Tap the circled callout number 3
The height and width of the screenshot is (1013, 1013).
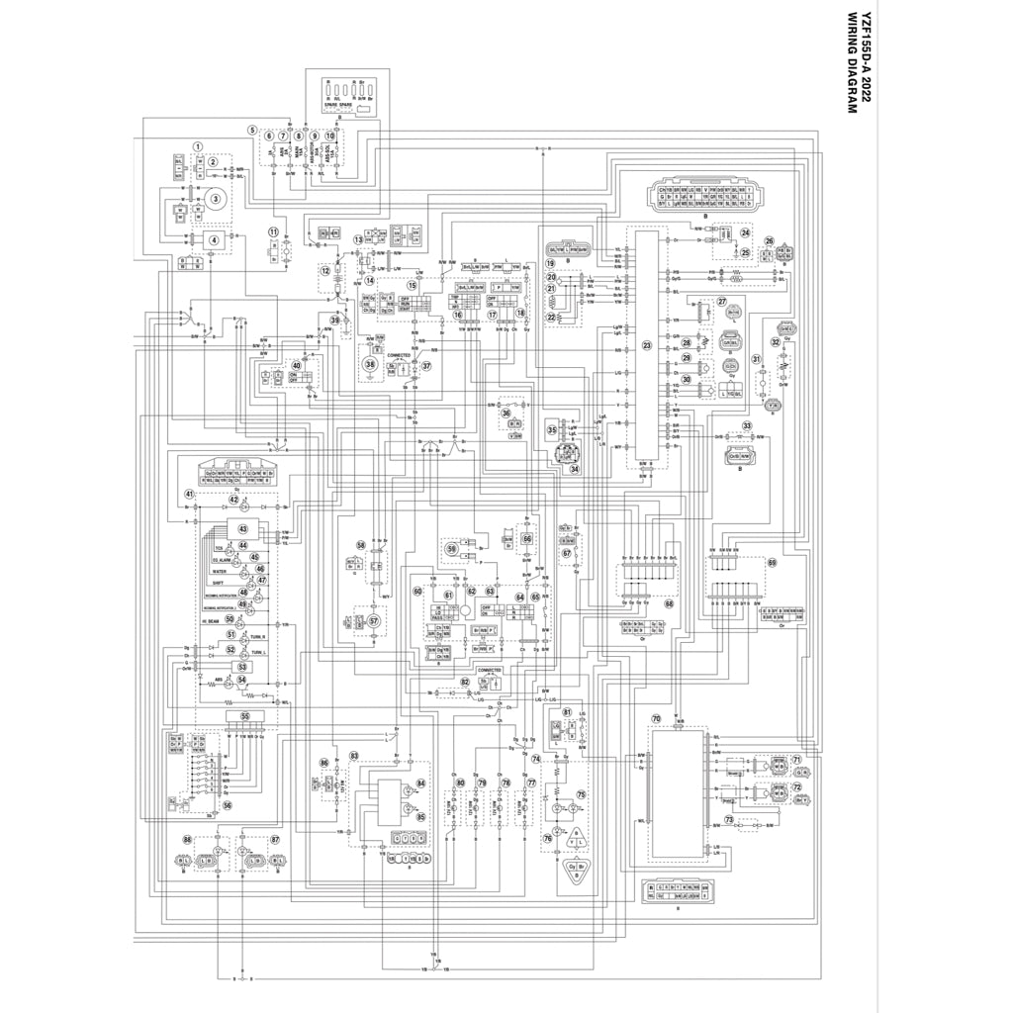tap(212, 199)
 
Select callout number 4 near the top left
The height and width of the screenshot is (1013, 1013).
tap(213, 238)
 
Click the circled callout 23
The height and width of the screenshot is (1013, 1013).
tap(647, 345)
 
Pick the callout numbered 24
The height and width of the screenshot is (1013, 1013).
tap(745, 232)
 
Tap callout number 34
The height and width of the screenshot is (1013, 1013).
tap(574, 469)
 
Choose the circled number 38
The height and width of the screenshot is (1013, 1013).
tap(370, 365)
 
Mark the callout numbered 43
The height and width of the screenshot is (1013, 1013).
tap(242, 529)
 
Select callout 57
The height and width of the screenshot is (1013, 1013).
tap(373, 621)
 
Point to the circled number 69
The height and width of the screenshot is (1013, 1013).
tap(773, 562)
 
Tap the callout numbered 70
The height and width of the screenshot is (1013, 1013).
tap(655, 719)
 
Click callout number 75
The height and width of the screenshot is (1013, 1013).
tap(582, 794)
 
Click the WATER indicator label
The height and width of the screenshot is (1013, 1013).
tap(220, 572)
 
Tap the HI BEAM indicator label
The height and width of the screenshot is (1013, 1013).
tap(211, 620)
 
